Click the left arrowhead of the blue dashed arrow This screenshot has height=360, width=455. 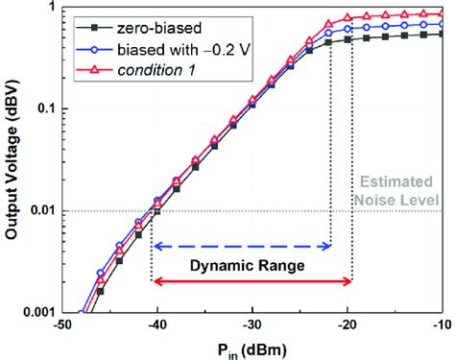156,246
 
